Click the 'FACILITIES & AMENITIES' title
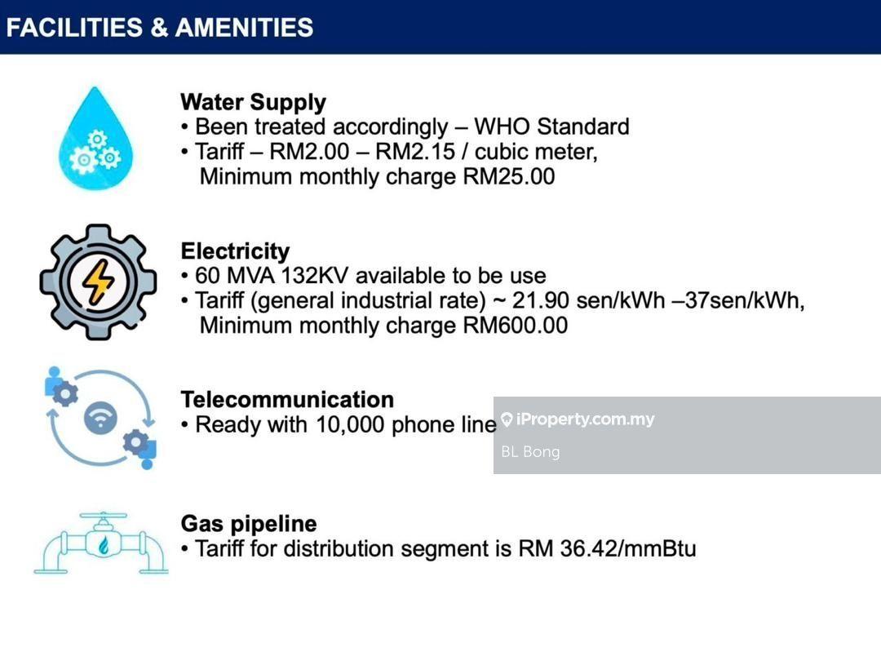(160, 27)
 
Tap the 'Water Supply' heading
(254, 103)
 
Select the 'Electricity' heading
(236, 251)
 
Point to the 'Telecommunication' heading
(287, 399)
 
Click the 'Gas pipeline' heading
(249, 524)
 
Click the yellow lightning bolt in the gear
(99, 282)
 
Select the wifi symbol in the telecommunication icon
(100, 419)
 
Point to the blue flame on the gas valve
(104, 544)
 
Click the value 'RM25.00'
(509, 176)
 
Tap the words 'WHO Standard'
(551, 126)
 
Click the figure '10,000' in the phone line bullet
(350, 424)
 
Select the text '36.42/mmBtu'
(628, 548)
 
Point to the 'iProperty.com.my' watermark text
(585, 419)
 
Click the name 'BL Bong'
(530, 452)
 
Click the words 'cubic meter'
(535, 153)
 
